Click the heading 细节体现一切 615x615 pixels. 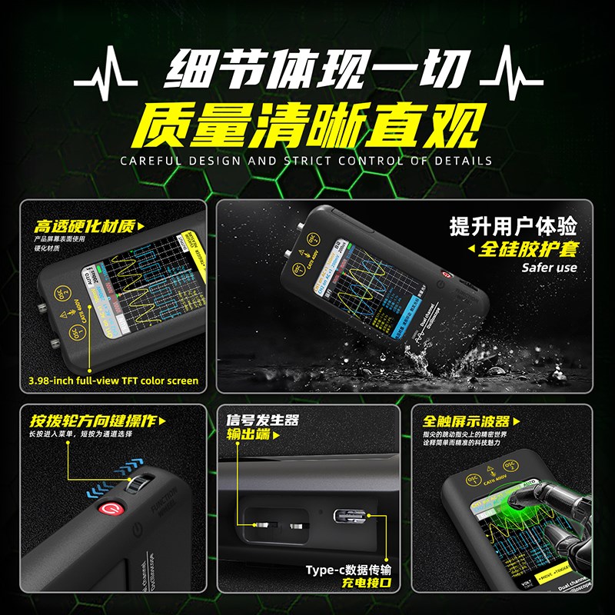307,76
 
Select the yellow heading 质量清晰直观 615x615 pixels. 307,125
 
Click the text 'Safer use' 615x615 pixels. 549,268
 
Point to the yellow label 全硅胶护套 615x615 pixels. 527,248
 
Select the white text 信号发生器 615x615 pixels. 262,421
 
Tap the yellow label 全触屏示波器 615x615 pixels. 466,421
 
